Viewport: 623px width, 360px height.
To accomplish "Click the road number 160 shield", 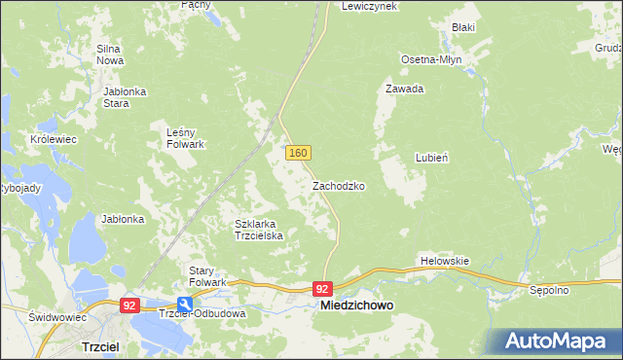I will coord(298,153).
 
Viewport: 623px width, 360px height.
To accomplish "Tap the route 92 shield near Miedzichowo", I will coord(324,289).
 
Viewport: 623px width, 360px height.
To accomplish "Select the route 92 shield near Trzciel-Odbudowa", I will coord(129,305).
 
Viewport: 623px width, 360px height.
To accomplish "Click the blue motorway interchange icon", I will coord(184,304).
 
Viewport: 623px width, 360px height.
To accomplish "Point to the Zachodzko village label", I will coord(339,185).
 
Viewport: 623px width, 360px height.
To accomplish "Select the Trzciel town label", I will coord(100,346).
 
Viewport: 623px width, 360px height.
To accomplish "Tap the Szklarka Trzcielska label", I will coord(259,230).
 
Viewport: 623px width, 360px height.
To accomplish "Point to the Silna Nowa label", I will coord(109,54).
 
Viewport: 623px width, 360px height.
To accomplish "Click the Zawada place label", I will coord(404,89).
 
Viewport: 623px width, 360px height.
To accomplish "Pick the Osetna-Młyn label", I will coord(431,59).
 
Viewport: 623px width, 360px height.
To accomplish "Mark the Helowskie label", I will coord(445,261).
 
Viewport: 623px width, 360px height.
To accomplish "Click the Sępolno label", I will coord(549,290).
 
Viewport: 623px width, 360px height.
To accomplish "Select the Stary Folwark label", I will coord(207,275).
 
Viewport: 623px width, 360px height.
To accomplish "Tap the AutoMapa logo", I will coord(561,341).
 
